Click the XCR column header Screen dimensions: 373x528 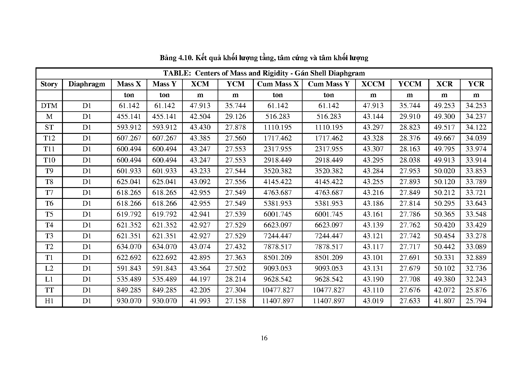click(x=444, y=84)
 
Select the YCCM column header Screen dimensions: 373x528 click(x=409, y=84)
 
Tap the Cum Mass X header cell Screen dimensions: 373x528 click(x=278, y=84)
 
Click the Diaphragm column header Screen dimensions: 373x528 click(x=87, y=84)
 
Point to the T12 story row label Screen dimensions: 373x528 click(x=49, y=138)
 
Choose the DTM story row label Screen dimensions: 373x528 click(x=49, y=106)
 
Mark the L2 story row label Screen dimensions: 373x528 click(x=49, y=269)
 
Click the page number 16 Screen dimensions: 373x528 click(x=264, y=338)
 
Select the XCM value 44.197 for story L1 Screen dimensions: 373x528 click(x=200, y=279)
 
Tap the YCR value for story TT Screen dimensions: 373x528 click(x=476, y=290)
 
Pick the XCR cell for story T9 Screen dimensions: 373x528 click(x=444, y=171)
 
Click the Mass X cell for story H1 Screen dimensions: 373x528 click(x=129, y=301)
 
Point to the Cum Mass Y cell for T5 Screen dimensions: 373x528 click(x=329, y=214)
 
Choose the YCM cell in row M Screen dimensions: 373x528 click(x=235, y=117)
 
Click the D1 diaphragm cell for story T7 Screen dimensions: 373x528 click(x=87, y=193)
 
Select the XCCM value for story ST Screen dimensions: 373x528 click(x=373, y=128)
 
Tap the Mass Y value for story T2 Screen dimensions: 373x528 click(x=164, y=247)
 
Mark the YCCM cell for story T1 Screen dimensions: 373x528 click(x=409, y=258)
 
